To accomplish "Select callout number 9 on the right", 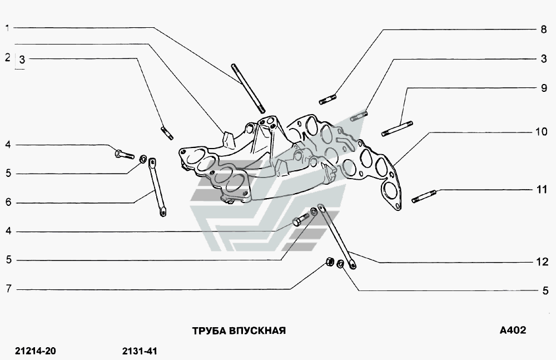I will coord(544,88).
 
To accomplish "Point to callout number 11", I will coord(542,190).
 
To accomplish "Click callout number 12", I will coord(542,262).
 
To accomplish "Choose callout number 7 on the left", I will coord(8,289).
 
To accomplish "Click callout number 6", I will coord(8,203).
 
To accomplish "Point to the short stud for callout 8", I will coord(328,100).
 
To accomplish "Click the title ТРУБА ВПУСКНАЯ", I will coord(239,331).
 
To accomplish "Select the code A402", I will coord(513,330).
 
